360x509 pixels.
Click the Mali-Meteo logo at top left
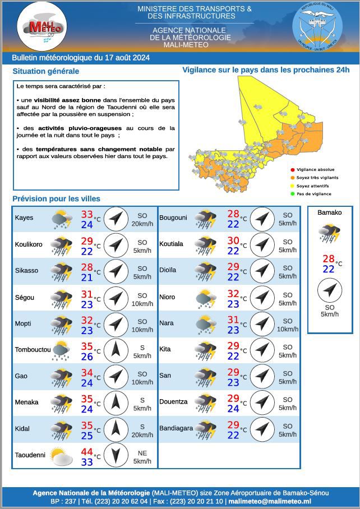click(42, 26)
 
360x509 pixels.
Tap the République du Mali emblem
click(317, 26)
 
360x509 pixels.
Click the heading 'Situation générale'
click(46, 71)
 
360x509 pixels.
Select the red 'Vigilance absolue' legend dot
click(292, 170)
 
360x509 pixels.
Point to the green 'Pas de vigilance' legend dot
click(292, 194)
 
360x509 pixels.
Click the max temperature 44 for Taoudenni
click(87, 452)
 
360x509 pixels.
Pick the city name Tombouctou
click(33, 350)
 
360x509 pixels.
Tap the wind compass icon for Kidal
click(116, 429)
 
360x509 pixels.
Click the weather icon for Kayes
click(61, 219)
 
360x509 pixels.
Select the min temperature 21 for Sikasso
click(87, 277)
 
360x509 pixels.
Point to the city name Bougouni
click(173, 218)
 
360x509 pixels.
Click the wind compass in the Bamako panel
click(329, 290)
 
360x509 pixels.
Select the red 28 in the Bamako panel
click(329, 259)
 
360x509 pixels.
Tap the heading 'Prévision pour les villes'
click(56, 198)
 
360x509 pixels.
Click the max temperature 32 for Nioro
click(233, 294)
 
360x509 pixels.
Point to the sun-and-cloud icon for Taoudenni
click(61, 456)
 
